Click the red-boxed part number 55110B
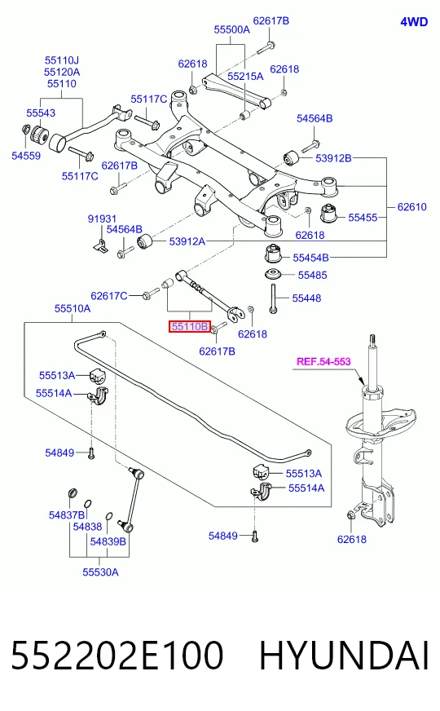tap(189, 326)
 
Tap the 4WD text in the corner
tap(414, 22)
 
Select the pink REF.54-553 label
tap(323, 361)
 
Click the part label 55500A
tap(231, 29)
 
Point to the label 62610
tap(412, 207)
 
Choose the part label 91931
tap(102, 219)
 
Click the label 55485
tap(312, 275)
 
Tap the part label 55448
tap(306, 298)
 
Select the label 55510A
tap(73, 308)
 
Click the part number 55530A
tap(100, 572)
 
